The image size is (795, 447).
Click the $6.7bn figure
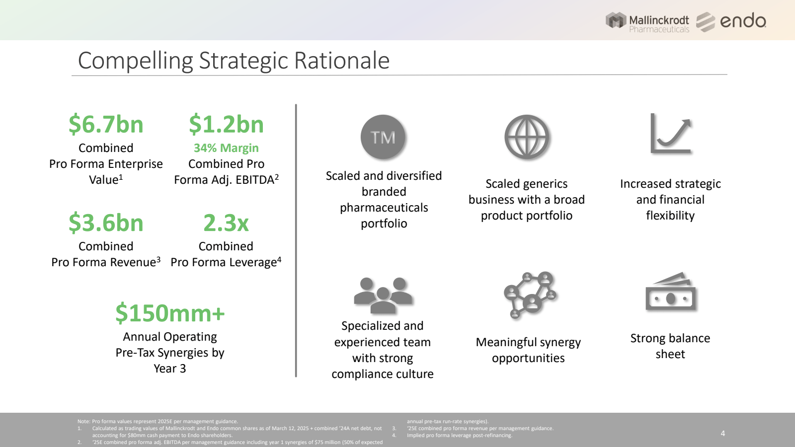(x=106, y=124)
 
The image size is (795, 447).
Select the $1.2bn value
(x=226, y=124)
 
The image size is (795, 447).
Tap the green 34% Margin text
(x=226, y=148)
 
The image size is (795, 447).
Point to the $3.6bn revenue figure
(x=106, y=223)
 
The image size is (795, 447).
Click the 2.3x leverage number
(x=226, y=223)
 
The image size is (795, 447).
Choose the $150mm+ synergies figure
(x=170, y=313)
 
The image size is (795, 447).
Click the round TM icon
(x=383, y=137)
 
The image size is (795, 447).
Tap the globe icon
(x=527, y=137)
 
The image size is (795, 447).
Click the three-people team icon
(x=383, y=295)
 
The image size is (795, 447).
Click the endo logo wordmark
(x=743, y=21)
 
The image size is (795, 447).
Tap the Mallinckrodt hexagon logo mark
(x=616, y=20)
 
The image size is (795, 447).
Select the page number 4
(x=723, y=433)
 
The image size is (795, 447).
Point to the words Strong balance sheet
(x=670, y=346)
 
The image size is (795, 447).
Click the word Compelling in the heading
(x=135, y=61)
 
